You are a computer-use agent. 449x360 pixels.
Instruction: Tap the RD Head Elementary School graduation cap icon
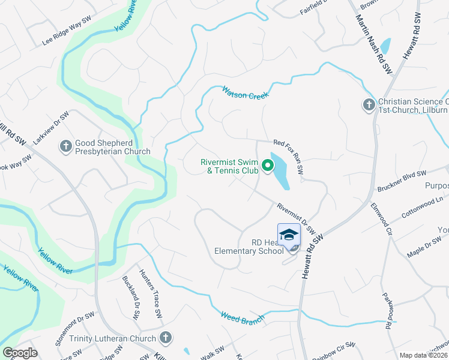(x=289, y=234)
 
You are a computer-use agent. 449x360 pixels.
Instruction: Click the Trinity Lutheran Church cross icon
(x=166, y=338)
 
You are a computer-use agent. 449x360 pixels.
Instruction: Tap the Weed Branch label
(x=242, y=317)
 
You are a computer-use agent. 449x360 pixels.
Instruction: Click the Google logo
(x=20, y=353)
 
